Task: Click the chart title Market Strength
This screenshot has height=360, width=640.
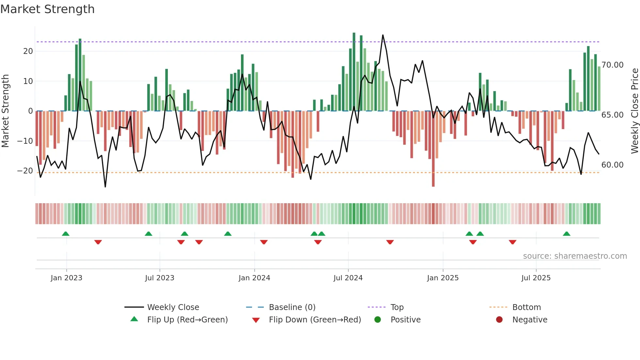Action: (47, 9)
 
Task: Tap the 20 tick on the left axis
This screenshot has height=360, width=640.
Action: (28, 51)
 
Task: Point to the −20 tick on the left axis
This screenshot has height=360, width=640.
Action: (25, 171)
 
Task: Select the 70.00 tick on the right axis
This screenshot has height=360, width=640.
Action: (613, 65)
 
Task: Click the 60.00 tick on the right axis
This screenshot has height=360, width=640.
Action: (613, 165)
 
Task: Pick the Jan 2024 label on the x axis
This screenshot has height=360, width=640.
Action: (254, 278)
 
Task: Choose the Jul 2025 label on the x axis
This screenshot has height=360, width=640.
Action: (536, 278)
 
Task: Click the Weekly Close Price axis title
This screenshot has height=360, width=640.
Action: (634, 111)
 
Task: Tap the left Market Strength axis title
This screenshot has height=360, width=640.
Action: (6, 111)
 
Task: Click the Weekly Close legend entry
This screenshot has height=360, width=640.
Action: (173, 307)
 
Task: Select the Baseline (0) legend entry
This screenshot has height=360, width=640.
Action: (292, 307)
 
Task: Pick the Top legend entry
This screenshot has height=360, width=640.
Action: (397, 307)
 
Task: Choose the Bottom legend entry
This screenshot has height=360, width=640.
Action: (526, 307)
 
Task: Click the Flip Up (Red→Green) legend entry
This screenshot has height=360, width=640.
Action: (187, 319)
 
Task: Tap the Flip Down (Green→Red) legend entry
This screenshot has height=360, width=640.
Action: (315, 319)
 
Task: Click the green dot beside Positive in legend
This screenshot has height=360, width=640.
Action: (378, 319)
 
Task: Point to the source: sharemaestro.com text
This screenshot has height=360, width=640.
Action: (575, 256)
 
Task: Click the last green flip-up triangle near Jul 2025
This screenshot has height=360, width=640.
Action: (567, 234)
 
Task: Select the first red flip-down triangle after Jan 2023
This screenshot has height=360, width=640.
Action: (98, 242)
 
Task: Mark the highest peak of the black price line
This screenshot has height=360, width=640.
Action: (383, 35)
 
